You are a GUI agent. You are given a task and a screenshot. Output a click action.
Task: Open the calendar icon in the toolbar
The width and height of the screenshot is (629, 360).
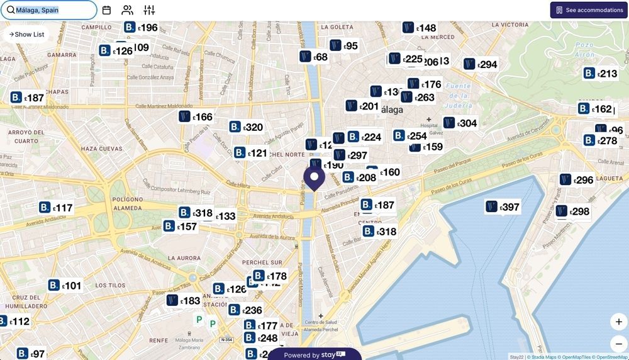click(106, 10)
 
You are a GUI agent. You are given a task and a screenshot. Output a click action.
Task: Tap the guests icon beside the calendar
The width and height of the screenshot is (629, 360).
click(128, 10)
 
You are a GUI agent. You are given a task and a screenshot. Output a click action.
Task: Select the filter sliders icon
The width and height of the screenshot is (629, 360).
click(149, 10)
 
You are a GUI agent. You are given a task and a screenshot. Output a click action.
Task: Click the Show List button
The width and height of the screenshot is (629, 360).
click(26, 35)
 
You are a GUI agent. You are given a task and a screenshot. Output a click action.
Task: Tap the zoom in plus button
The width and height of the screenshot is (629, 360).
click(618, 322)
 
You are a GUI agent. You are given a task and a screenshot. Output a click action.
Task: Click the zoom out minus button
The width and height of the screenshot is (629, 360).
click(618, 344)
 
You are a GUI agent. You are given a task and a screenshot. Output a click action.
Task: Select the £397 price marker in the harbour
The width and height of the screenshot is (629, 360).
click(503, 207)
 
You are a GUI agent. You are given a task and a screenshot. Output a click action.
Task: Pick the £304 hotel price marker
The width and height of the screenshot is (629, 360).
click(460, 123)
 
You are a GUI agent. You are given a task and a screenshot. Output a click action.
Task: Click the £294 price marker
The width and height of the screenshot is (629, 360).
click(481, 64)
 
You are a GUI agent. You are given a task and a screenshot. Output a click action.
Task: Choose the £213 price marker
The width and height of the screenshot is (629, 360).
click(600, 74)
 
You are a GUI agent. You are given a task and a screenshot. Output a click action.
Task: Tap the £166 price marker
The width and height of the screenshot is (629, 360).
click(196, 117)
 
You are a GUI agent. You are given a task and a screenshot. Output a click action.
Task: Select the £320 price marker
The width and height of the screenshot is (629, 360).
click(246, 127)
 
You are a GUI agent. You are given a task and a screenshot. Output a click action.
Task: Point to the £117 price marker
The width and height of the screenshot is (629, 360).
click(56, 208)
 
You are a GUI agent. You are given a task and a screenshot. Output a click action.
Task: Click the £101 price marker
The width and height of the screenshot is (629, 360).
click(65, 286)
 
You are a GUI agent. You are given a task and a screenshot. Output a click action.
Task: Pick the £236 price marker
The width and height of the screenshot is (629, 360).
click(245, 310)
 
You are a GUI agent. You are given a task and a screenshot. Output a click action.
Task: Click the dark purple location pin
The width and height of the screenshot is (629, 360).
click(314, 177)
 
